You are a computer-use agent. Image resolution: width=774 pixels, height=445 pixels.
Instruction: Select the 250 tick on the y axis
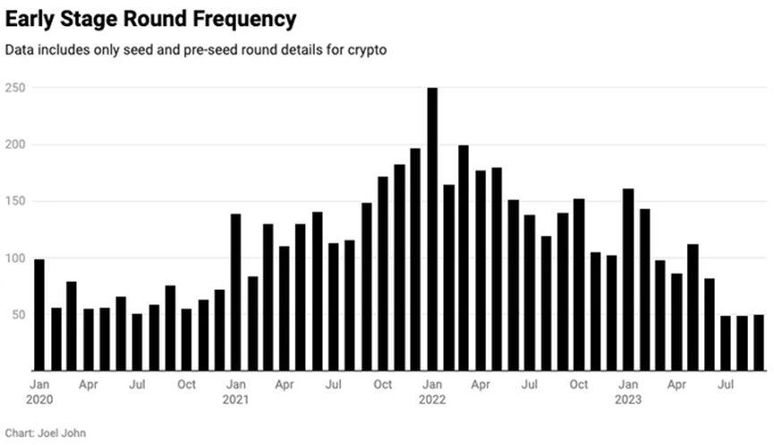(16, 88)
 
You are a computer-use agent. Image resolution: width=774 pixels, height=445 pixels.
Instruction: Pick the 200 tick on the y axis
(16, 144)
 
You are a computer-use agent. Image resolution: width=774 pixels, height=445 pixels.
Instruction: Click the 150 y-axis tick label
(16, 201)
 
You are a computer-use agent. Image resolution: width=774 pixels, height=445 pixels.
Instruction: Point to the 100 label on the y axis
(16, 258)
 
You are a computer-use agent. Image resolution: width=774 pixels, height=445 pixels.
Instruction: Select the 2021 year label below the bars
(235, 399)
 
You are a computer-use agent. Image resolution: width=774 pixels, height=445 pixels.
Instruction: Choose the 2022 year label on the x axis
(432, 399)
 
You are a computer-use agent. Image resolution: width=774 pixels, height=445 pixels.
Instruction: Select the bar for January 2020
(39, 314)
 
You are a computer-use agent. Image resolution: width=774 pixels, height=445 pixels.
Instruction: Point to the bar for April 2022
(481, 270)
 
